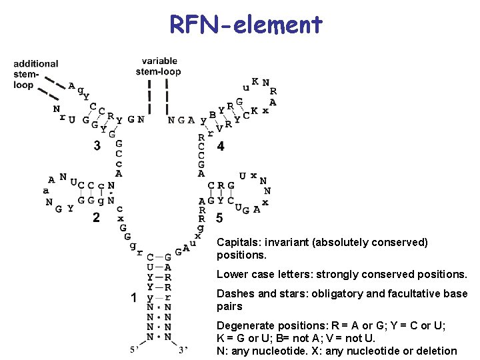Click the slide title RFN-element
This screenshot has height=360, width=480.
pos(246,24)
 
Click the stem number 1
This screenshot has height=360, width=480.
pos(134,297)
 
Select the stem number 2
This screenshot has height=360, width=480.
pos(96,217)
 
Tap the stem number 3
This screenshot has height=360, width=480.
pos(97,145)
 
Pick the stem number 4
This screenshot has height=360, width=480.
pos(221,146)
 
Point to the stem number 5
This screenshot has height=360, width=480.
pos(219,218)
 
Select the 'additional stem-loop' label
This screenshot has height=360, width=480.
pos(35,74)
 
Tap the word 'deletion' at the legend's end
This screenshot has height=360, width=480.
pos(437,351)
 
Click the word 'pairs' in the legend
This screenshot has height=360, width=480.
pos(229,307)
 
